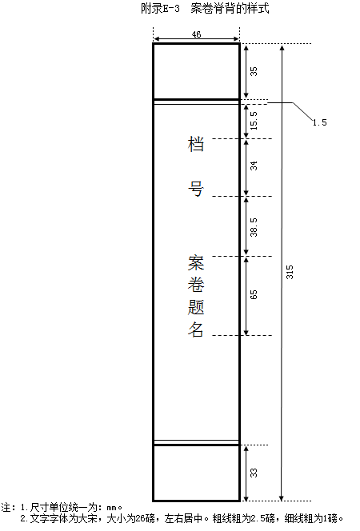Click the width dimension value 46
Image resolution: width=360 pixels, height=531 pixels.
[196, 34]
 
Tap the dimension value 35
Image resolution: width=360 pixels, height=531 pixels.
[254, 71]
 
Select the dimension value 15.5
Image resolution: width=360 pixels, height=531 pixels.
[254, 121]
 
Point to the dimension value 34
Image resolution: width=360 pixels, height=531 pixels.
[254, 166]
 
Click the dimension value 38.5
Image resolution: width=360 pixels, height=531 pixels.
[254, 227]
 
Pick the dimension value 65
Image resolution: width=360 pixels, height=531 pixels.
[254, 294]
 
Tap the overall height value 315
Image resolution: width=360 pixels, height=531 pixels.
[290, 272]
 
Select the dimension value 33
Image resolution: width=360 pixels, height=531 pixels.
[254, 473]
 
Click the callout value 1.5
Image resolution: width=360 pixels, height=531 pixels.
[320, 122]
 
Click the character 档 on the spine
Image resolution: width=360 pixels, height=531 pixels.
[196, 144]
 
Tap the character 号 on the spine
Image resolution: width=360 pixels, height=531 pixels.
[196, 189]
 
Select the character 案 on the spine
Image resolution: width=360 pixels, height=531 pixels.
[196, 263]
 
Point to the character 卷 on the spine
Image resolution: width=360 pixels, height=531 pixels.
[196, 285]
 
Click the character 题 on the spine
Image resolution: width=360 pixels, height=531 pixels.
[196, 307]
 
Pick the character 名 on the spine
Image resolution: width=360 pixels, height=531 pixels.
[196, 329]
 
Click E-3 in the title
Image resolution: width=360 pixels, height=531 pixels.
[171, 9]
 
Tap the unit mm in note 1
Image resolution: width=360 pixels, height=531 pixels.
[111, 508]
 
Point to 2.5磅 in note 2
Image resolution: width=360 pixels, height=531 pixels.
[263, 518]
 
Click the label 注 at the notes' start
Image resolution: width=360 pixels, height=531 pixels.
[6, 508]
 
